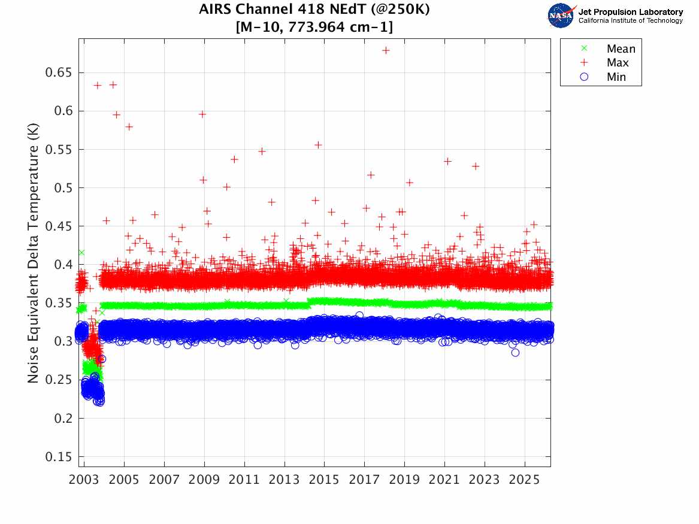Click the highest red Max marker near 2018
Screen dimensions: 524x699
click(x=386, y=50)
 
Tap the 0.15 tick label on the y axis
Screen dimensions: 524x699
click(x=59, y=457)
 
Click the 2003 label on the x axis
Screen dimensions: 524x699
click(x=84, y=480)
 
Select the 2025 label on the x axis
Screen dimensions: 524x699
click(x=525, y=480)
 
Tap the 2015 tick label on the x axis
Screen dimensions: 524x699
click(x=324, y=480)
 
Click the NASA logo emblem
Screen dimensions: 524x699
click(x=561, y=15)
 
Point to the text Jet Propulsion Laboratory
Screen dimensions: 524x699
click(x=630, y=11)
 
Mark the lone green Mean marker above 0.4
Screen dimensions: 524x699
click(x=81, y=253)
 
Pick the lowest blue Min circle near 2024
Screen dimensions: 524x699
click(x=515, y=352)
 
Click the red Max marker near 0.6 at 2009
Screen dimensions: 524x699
click(x=202, y=114)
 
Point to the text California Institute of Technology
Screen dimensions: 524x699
click(x=630, y=21)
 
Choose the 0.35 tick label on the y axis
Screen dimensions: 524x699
click(x=59, y=303)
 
